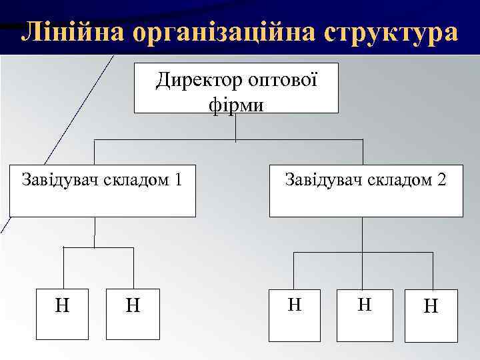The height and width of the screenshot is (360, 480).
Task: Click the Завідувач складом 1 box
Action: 103,191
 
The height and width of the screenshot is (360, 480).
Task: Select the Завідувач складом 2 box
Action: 365,191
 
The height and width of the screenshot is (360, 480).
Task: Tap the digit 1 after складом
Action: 177,179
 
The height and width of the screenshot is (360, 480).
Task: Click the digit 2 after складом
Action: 442,179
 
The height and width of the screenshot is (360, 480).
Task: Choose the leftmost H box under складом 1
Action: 62,313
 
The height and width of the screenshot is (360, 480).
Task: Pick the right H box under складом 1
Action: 133,313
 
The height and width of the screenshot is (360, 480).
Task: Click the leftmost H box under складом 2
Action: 294,313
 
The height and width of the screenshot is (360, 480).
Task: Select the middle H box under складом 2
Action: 364,313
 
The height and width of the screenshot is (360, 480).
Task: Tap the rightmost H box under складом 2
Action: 431,315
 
